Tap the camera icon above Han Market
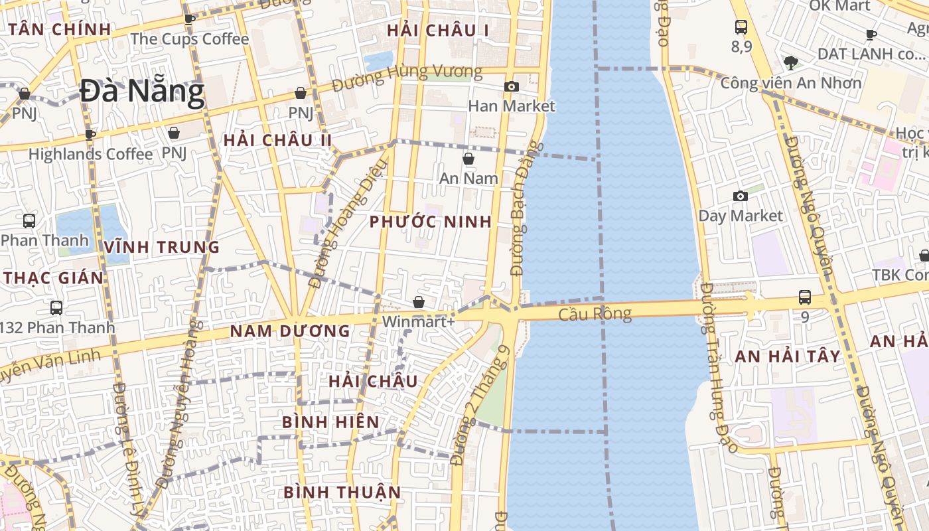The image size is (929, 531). click(x=511, y=86)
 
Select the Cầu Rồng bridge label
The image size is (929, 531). click(x=595, y=313)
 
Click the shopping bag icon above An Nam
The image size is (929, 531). click(x=468, y=159)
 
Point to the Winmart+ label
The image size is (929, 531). click(x=419, y=321)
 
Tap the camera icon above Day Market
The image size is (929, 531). click(x=740, y=196)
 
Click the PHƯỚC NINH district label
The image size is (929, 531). click(x=431, y=222)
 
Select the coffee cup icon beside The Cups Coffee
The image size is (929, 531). click(x=189, y=19)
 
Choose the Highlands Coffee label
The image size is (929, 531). click(x=90, y=154)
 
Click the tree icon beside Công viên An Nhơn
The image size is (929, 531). click(x=790, y=63)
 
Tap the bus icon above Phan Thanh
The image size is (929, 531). click(x=29, y=221)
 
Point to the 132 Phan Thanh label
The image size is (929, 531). click(x=58, y=327)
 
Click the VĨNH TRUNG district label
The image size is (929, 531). click(x=161, y=247)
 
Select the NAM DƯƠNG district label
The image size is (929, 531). click(x=290, y=331)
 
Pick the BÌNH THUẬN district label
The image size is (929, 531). click(x=342, y=492)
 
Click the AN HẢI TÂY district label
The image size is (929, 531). click(x=788, y=356)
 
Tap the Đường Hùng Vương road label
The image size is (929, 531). click(x=407, y=78)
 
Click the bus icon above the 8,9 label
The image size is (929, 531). click(x=741, y=27)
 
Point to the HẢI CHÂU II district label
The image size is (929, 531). click(x=277, y=140)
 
